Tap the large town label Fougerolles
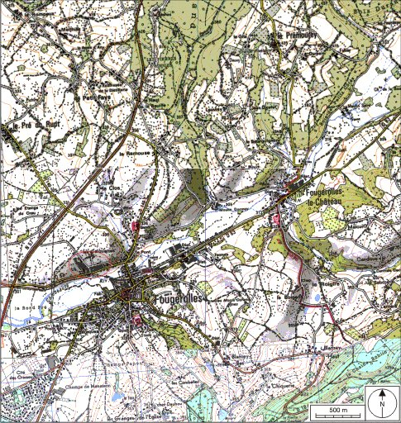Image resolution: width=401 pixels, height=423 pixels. [178, 295]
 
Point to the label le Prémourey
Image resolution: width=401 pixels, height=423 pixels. [293, 36]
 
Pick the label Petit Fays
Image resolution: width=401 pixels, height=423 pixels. [97, 97]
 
